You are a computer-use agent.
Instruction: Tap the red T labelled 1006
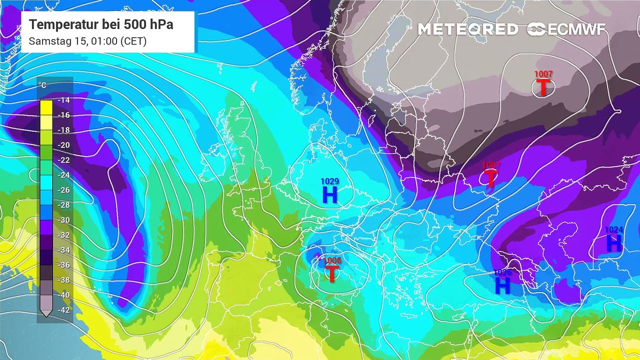[331, 273]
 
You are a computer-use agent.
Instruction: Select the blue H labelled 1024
[614, 243]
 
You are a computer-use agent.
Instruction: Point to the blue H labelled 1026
[502, 285]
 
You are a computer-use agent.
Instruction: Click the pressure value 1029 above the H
[330, 181]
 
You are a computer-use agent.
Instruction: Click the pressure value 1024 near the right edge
[614, 230]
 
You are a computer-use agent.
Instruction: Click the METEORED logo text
[468, 29]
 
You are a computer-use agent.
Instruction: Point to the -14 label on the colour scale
[63, 100]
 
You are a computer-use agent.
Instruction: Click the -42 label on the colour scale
[63, 310]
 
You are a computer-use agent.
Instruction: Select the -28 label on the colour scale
[63, 205]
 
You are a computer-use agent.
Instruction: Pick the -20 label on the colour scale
[63, 145]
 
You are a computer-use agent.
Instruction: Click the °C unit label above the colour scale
[43, 85]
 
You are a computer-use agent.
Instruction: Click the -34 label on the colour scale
[63, 250]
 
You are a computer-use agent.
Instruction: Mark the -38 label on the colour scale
[63, 280]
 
